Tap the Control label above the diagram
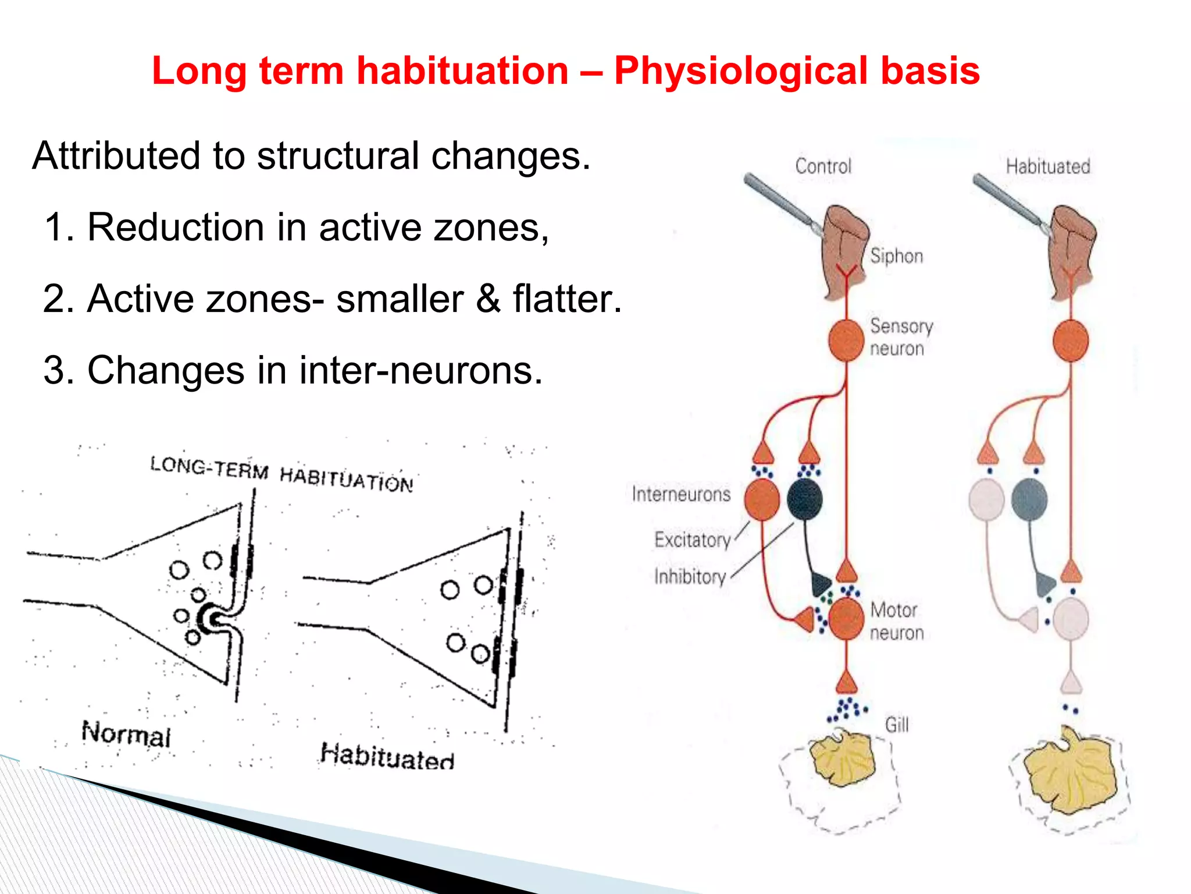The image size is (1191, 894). click(823, 166)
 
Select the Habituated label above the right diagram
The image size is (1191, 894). click(1048, 166)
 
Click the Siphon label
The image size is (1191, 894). click(896, 256)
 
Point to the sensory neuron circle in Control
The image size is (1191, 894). click(846, 340)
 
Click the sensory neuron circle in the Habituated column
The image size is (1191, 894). click(1071, 340)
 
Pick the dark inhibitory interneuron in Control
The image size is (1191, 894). click(805, 499)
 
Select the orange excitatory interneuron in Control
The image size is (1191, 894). click(762, 499)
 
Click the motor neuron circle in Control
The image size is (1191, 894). click(846, 618)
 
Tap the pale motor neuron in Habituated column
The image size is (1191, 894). click(1071, 618)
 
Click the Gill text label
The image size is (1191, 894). click(896, 725)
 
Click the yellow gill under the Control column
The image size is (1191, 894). click(843, 760)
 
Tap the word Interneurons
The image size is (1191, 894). click(681, 494)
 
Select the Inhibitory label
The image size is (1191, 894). click(690, 576)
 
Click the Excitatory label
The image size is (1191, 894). click(692, 540)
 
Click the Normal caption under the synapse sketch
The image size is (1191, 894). click(126, 735)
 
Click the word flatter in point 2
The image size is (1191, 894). click(566, 299)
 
